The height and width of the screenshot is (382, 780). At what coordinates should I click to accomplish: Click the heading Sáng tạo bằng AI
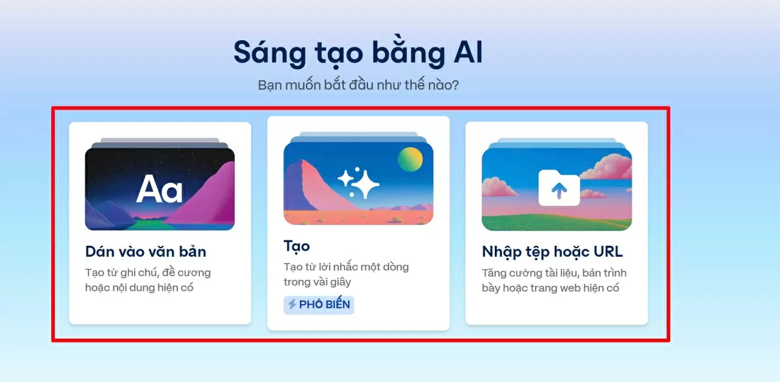pos(358,53)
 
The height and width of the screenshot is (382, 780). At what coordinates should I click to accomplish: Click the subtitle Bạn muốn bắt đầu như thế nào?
pos(358,85)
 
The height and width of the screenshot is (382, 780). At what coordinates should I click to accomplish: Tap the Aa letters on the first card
pos(159,189)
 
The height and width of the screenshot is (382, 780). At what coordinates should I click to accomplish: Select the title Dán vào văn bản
pos(146,251)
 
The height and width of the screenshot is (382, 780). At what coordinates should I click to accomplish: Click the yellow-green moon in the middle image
pos(410,159)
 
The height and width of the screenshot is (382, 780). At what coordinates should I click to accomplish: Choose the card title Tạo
pos(297,246)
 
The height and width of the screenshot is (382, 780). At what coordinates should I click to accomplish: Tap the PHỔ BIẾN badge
pos(319,305)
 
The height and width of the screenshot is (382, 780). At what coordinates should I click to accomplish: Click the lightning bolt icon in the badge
pos(292,305)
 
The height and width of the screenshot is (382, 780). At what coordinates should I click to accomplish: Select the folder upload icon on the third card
pos(559,188)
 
